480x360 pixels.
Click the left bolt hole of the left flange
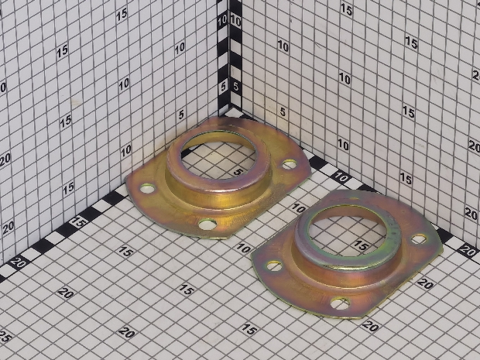148,188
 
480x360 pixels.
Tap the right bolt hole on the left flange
290,164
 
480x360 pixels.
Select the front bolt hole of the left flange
207,225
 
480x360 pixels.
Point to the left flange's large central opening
218,158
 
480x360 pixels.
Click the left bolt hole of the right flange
274,266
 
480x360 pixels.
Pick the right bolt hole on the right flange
419,238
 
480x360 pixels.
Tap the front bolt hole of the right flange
340,303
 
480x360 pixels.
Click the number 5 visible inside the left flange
239,172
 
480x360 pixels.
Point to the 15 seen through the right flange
362,245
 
